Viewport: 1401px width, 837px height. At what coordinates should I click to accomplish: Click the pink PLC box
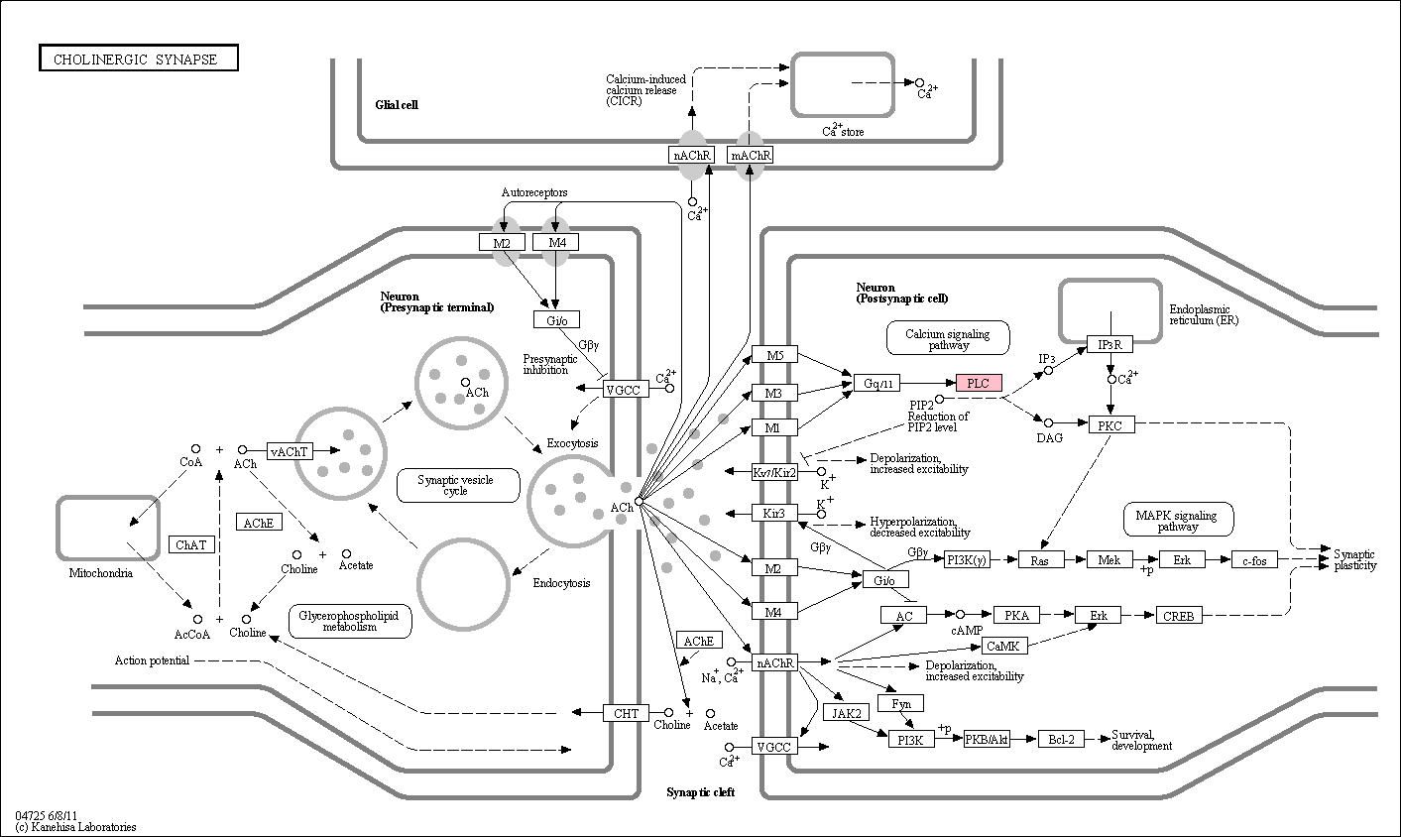point(979,383)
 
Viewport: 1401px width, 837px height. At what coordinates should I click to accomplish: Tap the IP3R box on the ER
point(1109,344)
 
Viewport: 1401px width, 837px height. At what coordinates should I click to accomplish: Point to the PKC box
point(1111,425)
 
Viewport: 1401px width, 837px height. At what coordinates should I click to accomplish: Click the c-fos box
point(1254,560)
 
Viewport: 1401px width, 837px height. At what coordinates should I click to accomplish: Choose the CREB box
point(1179,616)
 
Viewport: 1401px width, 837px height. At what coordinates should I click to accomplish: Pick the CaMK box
point(1003,646)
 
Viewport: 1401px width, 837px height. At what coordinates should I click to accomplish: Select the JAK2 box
point(846,712)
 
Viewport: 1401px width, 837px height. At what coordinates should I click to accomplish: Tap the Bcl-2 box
point(1061,739)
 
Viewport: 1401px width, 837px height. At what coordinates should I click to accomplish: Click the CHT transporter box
point(626,712)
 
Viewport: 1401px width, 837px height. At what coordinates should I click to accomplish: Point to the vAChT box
point(290,451)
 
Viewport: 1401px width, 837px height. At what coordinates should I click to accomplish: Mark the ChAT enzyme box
point(191,544)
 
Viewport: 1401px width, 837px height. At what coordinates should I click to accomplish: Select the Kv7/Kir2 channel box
point(774,472)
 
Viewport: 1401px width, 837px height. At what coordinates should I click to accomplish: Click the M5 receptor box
point(774,355)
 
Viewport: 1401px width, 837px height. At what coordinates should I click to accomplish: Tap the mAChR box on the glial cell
point(750,155)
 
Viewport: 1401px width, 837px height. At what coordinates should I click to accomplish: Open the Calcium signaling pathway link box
point(948,338)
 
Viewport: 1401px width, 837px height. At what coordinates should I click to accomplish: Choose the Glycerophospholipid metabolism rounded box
point(350,621)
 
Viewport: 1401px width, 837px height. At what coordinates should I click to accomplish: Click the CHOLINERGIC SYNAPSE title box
point(139,58)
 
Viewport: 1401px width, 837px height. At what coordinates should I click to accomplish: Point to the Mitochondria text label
point(101,573)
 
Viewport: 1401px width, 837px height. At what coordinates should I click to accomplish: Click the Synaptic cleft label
point(700,792)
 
